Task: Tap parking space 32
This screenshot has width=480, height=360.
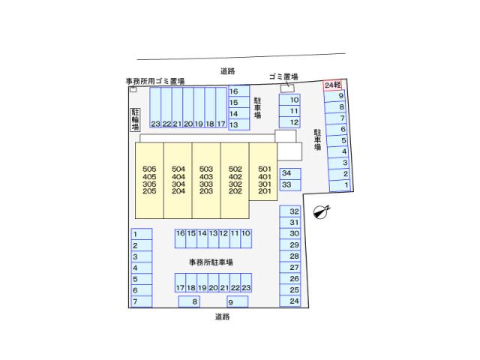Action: click(x=290, y=211)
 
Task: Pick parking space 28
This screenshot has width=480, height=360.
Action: click(x=290, y=256)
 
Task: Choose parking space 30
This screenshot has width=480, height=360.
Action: click(x=290, y=233)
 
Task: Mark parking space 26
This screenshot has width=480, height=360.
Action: click(x=290, y=278)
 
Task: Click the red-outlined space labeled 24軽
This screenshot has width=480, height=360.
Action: click(x=333, y=85)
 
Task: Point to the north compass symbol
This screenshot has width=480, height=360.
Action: click(x=320, y=212)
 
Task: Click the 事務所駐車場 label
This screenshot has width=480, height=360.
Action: click(x=211, y=262)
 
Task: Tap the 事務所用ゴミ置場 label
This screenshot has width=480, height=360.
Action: click(x=155, y=80)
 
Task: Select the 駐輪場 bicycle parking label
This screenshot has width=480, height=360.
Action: click(x=136, y=118)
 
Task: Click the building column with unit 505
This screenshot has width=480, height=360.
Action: click(x=149, y=180)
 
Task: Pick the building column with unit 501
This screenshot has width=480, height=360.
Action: click(x=264, y=180)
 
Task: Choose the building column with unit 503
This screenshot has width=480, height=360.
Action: click(x=206, y=180)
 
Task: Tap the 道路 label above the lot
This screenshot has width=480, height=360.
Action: click(x=228, y=71)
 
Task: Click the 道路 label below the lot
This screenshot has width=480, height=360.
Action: click(x=222, y=316)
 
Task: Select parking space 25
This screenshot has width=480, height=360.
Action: click(x=290, y=289)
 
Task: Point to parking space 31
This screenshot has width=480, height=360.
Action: click(x=290, y=223)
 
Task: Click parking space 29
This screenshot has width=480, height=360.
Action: click(x=290, y=244)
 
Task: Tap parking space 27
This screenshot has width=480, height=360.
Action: click(x=290, y=267)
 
